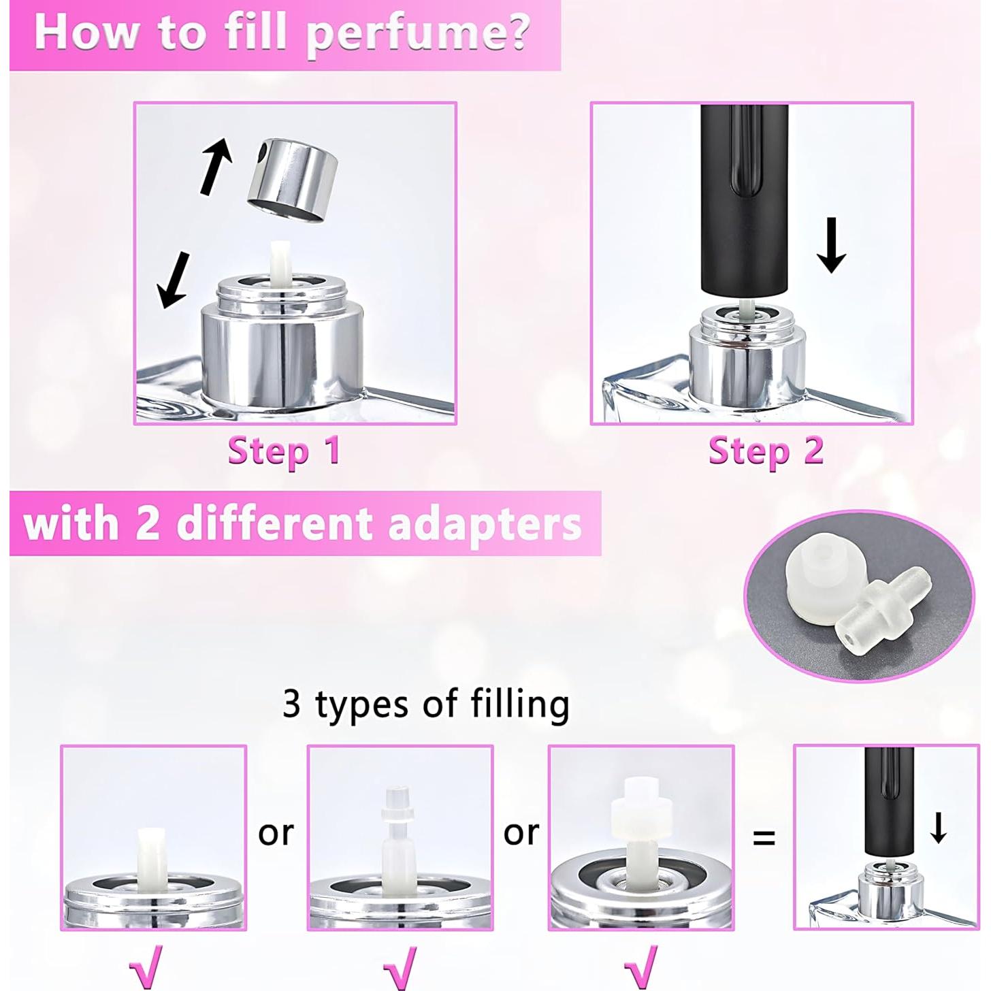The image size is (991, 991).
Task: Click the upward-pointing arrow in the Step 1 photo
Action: pos(216,165)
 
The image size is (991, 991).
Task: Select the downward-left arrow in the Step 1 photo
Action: pos(174,280)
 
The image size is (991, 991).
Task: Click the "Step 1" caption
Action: pos(284,451)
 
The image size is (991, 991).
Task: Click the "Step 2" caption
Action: pos(766,451)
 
